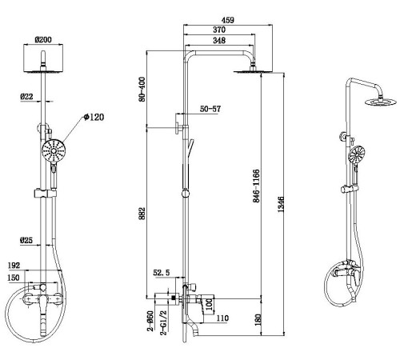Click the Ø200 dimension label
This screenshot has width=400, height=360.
(x=43, y=40)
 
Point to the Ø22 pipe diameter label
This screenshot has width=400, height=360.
(x=26, y=97)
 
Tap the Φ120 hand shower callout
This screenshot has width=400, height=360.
(x=94, y=117)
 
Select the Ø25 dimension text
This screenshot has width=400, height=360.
(x=26, y=241)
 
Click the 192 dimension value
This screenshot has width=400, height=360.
(x=14, y=266)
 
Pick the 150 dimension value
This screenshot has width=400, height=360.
(x=14, y=278)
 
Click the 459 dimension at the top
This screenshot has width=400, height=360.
(x=228, y=20)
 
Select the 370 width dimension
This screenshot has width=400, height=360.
(x=219, y=30)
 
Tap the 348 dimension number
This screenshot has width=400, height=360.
(x=219, y=41)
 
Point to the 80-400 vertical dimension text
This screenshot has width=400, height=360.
(x=142, y=90)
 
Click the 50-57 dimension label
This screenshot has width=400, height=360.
(x=210, y=109)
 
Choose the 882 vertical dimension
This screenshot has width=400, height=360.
(x=142, y=214)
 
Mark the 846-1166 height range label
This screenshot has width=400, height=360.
(x=256, y=186)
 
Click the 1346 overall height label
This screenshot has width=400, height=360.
(x=281, y=205)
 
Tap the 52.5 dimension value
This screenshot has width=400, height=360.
(x=162, y=273)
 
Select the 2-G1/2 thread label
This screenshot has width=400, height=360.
(x=163, y=322)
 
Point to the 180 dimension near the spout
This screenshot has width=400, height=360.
(x=258, y=320)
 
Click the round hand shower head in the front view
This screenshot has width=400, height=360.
(x=54, y=151)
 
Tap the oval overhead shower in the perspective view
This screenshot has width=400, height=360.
(x=381, y=102)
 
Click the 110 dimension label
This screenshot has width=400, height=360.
(x=222, y=318)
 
